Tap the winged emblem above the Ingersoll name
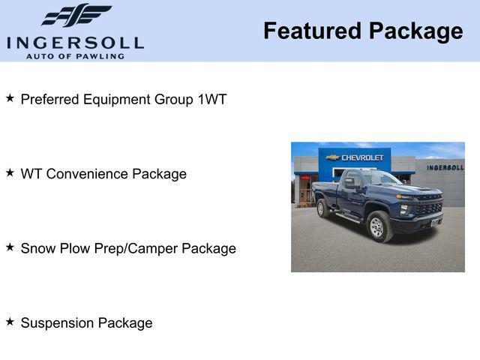point(76,16)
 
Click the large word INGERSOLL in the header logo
point(75,43)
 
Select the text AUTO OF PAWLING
point(75,56)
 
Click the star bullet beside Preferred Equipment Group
point(10,98)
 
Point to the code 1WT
point(211,99)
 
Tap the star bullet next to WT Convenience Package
point(10,173)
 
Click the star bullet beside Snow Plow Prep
point(10,247)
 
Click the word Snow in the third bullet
point(37,248)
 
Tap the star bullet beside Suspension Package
point(10,322)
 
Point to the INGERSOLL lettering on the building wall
point(445,167)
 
